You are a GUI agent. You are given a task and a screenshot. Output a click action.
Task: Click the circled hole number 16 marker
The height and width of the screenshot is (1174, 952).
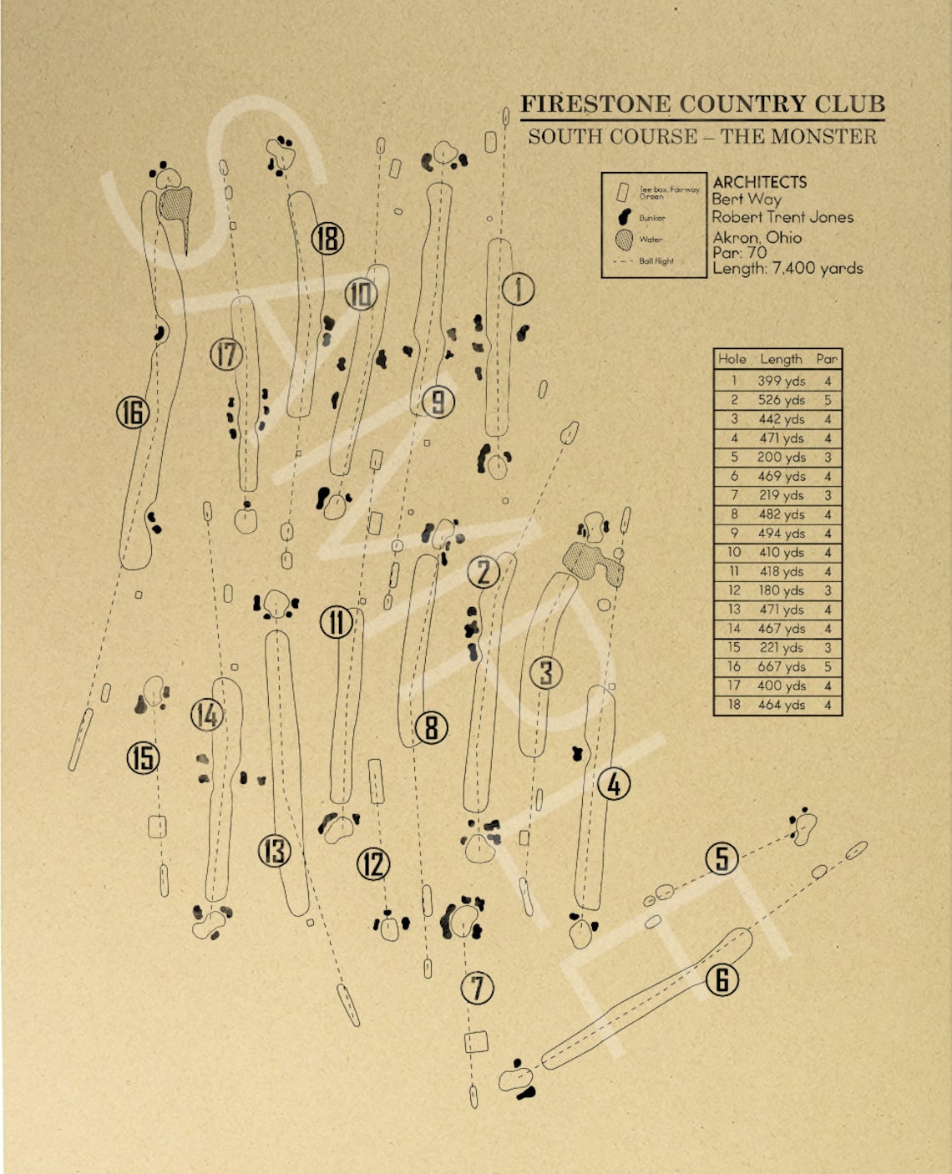click(x=133, y=412)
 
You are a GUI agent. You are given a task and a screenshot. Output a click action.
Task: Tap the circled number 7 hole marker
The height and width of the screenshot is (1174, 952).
click(x=478, y=989)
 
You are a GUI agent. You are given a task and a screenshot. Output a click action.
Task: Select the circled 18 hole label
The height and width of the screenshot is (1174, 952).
click(x=327, y=240)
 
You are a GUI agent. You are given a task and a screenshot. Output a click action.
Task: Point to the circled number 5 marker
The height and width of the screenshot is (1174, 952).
click(x=722, y=858)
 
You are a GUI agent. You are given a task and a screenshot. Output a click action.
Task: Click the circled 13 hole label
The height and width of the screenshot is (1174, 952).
click(x=275, y=851)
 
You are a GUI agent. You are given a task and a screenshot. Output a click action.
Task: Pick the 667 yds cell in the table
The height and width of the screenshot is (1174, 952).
click(x=781, y=666)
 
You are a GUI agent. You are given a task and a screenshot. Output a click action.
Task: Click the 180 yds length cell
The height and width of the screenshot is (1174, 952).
click(x=781, y=590)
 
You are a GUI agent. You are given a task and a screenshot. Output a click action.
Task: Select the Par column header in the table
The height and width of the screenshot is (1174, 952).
click(x=827, y=359)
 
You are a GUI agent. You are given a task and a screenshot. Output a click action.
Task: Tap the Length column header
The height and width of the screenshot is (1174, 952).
click(x=781, y=359)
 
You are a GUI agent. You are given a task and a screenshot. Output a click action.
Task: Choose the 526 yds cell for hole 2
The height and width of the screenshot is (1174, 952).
click(x=781, y=400)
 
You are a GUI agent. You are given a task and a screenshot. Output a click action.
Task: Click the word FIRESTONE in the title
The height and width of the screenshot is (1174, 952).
click(x=595, y=104)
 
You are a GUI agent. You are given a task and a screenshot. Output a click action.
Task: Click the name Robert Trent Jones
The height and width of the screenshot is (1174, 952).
click(x=782, y=217)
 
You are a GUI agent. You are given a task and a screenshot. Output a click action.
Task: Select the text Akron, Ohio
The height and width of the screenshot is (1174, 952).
click(x=757, y=237)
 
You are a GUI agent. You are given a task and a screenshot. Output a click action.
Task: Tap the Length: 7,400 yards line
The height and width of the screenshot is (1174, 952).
click(x=787, y=268)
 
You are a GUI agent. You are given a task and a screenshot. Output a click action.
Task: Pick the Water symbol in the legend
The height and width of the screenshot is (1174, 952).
click(x=624, y=240)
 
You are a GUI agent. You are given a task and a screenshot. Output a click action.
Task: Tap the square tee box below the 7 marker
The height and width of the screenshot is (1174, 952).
click(x=476, y=1041)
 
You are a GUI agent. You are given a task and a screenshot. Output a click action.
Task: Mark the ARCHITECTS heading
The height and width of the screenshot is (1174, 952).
click(x=759, y=182)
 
